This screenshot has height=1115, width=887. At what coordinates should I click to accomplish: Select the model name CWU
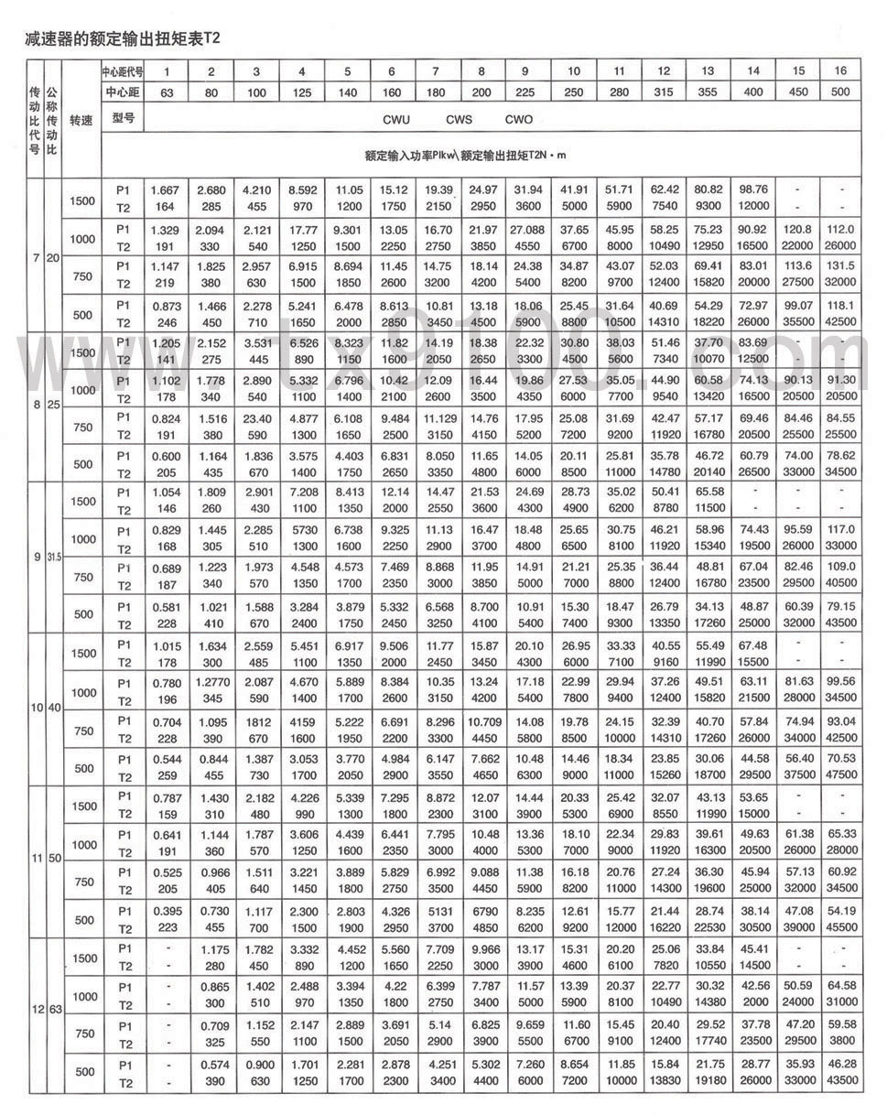(397, 119)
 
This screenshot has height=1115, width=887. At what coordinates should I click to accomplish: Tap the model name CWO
(518, 119)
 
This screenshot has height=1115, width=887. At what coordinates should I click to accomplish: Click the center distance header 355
(708, 92)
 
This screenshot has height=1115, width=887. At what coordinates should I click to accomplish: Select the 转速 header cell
(81, 119)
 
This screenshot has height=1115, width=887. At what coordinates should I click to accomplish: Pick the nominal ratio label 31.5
(51, 557)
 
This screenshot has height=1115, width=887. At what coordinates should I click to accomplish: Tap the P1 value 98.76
(753, 190)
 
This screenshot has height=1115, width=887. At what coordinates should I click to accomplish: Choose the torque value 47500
(841, 774)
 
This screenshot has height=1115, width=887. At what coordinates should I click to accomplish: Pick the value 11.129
(437, 417)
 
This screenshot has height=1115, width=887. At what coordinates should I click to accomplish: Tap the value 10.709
(481, 721)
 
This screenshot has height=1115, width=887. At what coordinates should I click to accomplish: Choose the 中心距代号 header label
(122, 71)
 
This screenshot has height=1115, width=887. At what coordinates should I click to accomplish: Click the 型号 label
(122, 118)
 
